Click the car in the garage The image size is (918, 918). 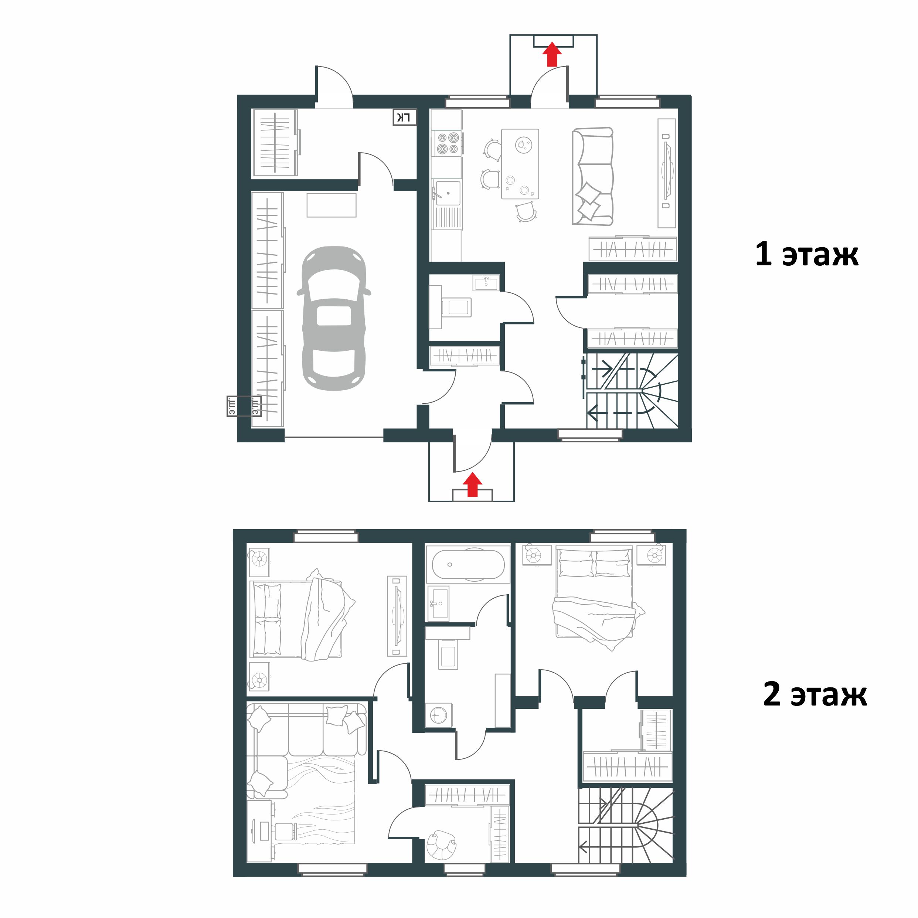(x=334, y=318)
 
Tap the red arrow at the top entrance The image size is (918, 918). (x=552, y=55)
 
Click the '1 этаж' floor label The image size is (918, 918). (x=806, y=255)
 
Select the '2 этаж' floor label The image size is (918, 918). (x=815, y=694)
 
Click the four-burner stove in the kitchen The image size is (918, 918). (x=448, y=143)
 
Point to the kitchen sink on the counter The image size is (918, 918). (x=448, y=193)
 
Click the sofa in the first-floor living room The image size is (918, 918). (x=592, y=176)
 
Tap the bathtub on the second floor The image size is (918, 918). (x=468, y=564)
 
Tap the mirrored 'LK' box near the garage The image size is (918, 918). (x=404, y=118)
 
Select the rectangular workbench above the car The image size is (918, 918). (x=331, y=205)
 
